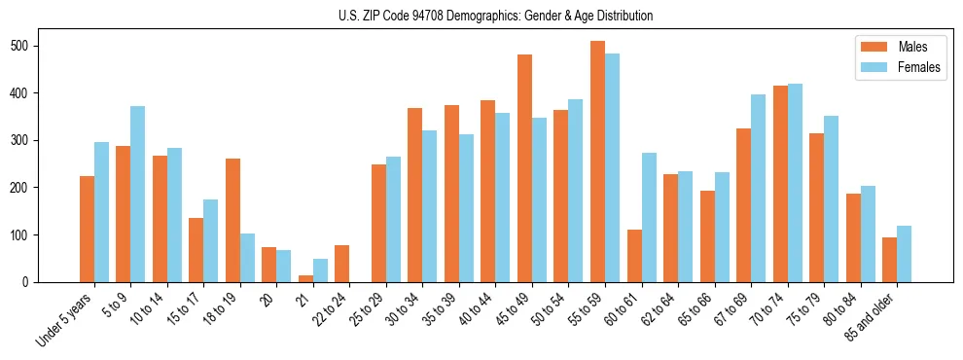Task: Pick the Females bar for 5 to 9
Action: click(138, 194)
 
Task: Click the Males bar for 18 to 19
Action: click(232, 220)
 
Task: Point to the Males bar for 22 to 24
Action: click(342, 264)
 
